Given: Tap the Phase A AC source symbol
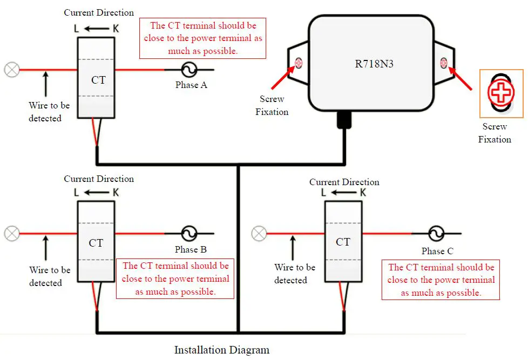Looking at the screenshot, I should [189, 69].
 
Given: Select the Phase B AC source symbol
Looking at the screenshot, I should [189, 234].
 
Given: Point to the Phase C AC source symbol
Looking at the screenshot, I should [436, 234].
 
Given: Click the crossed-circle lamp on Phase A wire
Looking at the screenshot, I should [11, 69].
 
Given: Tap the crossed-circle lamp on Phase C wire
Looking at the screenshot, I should [259, 234].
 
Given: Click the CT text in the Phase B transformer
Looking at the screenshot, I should [96, 243].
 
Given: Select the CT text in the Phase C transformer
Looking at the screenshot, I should [343, 242].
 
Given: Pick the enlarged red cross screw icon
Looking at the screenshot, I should [502, 93].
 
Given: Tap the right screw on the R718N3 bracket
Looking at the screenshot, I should [444, 63].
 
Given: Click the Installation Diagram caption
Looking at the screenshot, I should [221, 350].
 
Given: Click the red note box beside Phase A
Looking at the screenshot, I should [202, 38].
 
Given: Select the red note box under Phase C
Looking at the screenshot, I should [441, 280].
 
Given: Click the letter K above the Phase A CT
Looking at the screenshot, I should [116, 28].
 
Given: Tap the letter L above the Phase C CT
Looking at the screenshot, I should [323, 193].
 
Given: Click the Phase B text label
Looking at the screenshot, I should [191, 250].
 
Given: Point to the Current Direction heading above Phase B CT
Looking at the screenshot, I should [99, 179].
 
